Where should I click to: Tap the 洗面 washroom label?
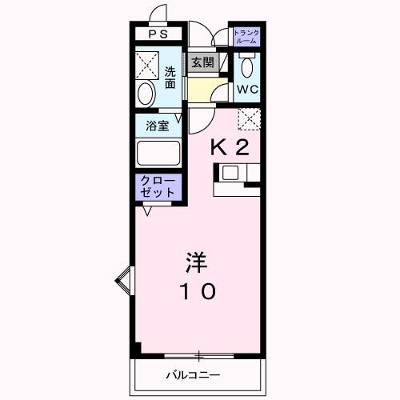[x=170, y=77]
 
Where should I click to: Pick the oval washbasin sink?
[x=146, y=94]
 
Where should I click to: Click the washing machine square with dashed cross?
[x=146, y=62]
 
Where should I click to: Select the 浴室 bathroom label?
[x=157, y=126]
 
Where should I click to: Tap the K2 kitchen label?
[x=230, y=147]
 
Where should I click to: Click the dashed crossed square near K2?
[x=250, y=120]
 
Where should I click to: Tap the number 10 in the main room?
[x=196, y=292]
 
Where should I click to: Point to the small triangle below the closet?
[x=146, y=212]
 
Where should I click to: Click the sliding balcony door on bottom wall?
[x=198, y=355]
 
